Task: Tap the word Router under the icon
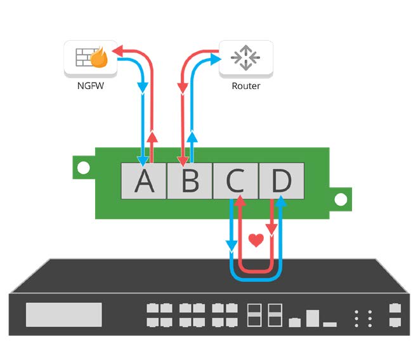[x=245, y=86]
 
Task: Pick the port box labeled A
[x=144, y=181]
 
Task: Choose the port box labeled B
[x=190, y=181]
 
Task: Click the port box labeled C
[x=235, y=181]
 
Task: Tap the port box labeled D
[x=281, y=181]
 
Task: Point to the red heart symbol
[x=256, y=241]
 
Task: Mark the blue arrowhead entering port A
[x=144, y=161]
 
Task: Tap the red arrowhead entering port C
[x=240, y=202]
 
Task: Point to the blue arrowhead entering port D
[x=282, y=202]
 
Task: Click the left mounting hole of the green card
[x=82, y=168]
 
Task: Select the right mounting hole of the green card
[x=341, y=199]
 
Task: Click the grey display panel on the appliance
[x=63, y=315]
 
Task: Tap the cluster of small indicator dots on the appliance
[x=362, y=317]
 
